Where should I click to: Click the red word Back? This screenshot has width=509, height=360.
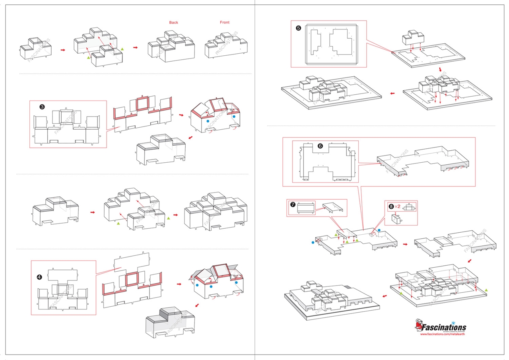tap(173, 23)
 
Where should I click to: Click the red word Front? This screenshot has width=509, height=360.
tap(225, 23)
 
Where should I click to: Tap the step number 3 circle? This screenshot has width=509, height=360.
tap(42, 107)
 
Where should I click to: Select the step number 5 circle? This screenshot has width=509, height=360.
tap(299, 28)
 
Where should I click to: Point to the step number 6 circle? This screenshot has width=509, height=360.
tap(321, 146)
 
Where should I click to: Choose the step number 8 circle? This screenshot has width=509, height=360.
tap(391, 206)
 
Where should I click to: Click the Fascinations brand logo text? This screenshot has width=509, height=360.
tap(444, 328)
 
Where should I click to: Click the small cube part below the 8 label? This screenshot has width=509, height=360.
tap(396, 219)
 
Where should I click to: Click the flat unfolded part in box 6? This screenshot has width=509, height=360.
tap(326, 163)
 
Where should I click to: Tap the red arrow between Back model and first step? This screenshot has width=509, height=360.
tap(135, 48)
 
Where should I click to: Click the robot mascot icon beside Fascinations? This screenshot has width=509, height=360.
tap(418, 325)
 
